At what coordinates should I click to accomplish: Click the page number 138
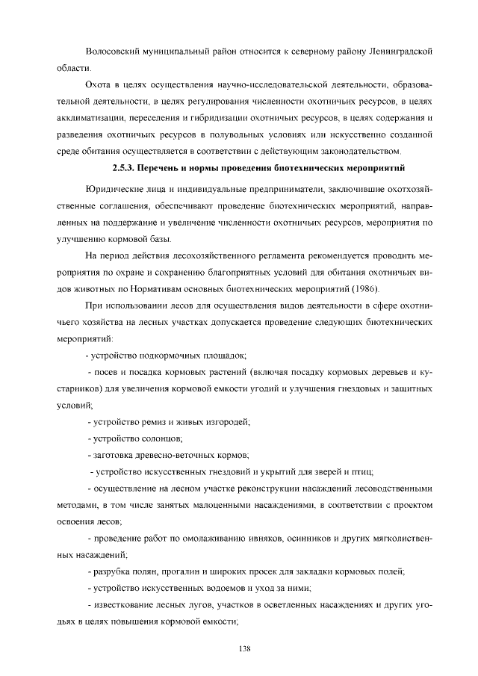(x=243, y=647)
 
